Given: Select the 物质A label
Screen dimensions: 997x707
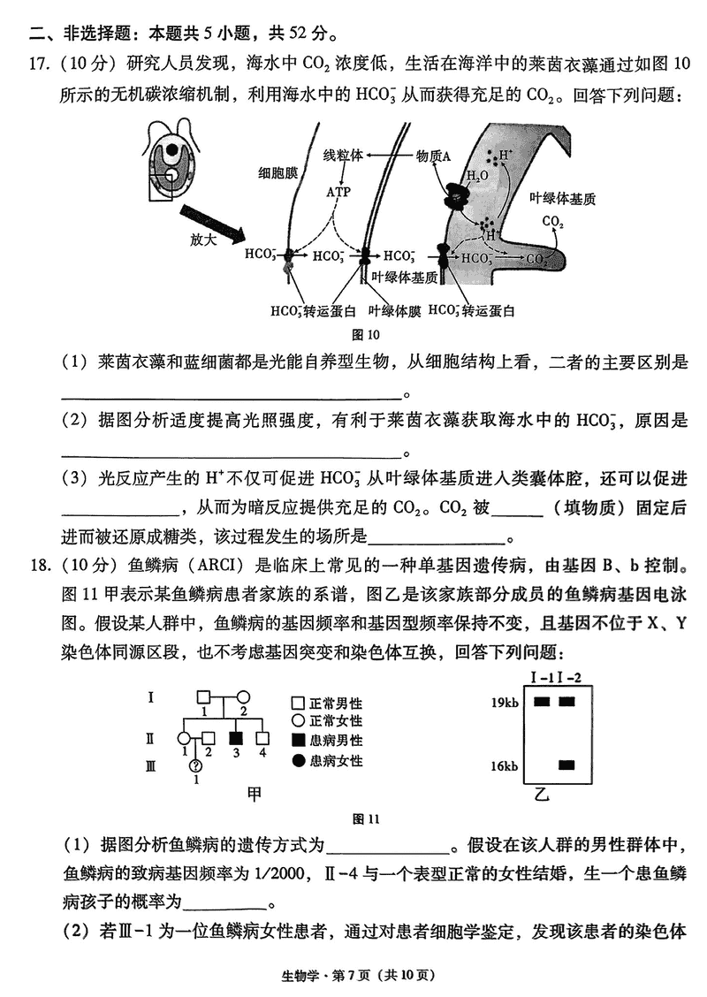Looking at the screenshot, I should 433,156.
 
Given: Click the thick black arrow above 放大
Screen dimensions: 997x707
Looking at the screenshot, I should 213,222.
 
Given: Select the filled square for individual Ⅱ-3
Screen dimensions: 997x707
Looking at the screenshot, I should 236,736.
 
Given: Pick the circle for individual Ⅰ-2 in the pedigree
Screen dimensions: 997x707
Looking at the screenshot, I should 243,697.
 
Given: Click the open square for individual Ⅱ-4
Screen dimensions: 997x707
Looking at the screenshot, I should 262,736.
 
